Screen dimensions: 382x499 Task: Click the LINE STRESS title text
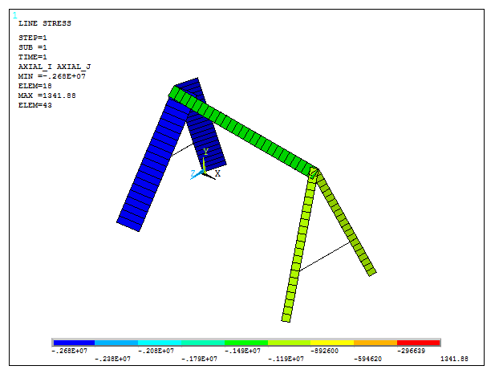tap(45, 23)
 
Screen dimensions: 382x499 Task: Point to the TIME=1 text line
tap(33, 57)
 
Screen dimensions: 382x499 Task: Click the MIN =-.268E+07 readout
tap(52, 76)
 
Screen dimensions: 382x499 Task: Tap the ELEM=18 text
tap(35, 86)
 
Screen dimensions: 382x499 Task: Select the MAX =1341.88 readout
tap(47, 95)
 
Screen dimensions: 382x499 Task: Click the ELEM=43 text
tap(35, 105)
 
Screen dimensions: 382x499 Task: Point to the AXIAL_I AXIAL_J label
tap(55, 67)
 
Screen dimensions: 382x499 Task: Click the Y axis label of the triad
tap(205, 152)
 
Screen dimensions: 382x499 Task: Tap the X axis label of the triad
tap(217, 173)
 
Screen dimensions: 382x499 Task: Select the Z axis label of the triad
tap(193, 174)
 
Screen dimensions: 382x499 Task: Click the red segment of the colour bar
tap(419, 343)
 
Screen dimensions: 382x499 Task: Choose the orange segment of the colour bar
tap(375, 343)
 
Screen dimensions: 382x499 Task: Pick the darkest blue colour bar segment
tap(73, 343)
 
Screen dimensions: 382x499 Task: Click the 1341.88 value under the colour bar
tap(454, 359)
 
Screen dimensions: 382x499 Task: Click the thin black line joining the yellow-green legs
tap(324, 258)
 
